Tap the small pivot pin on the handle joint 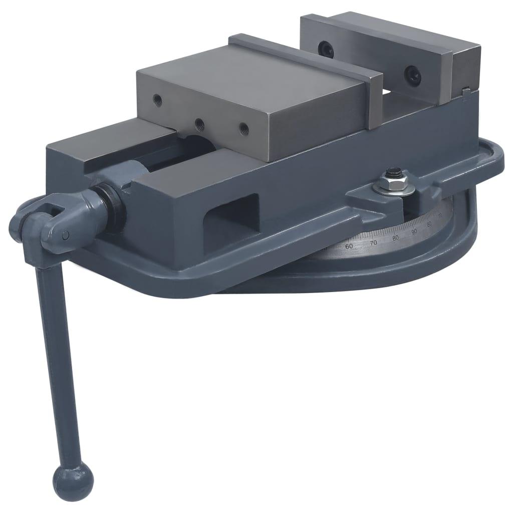(x=66, y=235)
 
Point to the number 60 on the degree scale (x=349, y=245)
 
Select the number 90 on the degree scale (x=414, y=231)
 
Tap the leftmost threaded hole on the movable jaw (x=158, y=98)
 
